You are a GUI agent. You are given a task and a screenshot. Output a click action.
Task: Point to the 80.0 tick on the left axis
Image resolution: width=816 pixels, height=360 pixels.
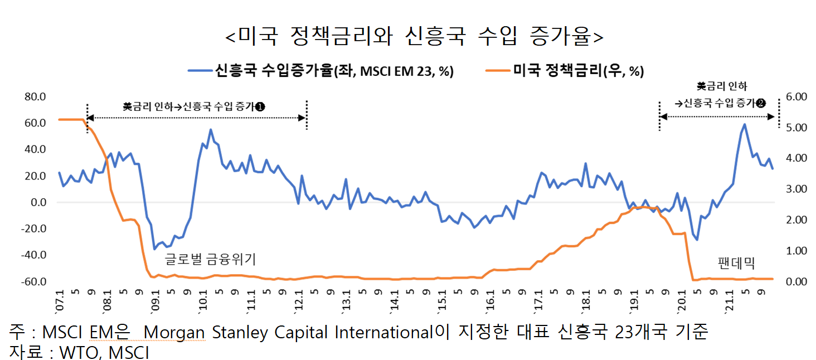35,97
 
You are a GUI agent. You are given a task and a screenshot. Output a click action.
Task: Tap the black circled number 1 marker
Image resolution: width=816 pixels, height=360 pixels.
260,106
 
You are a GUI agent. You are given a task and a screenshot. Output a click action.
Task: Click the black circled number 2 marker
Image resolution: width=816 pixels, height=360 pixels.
761,103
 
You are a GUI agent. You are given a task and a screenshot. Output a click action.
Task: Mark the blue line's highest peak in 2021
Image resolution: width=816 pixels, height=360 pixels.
744,124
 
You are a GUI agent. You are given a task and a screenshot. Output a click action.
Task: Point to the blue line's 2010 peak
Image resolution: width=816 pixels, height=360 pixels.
211,130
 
